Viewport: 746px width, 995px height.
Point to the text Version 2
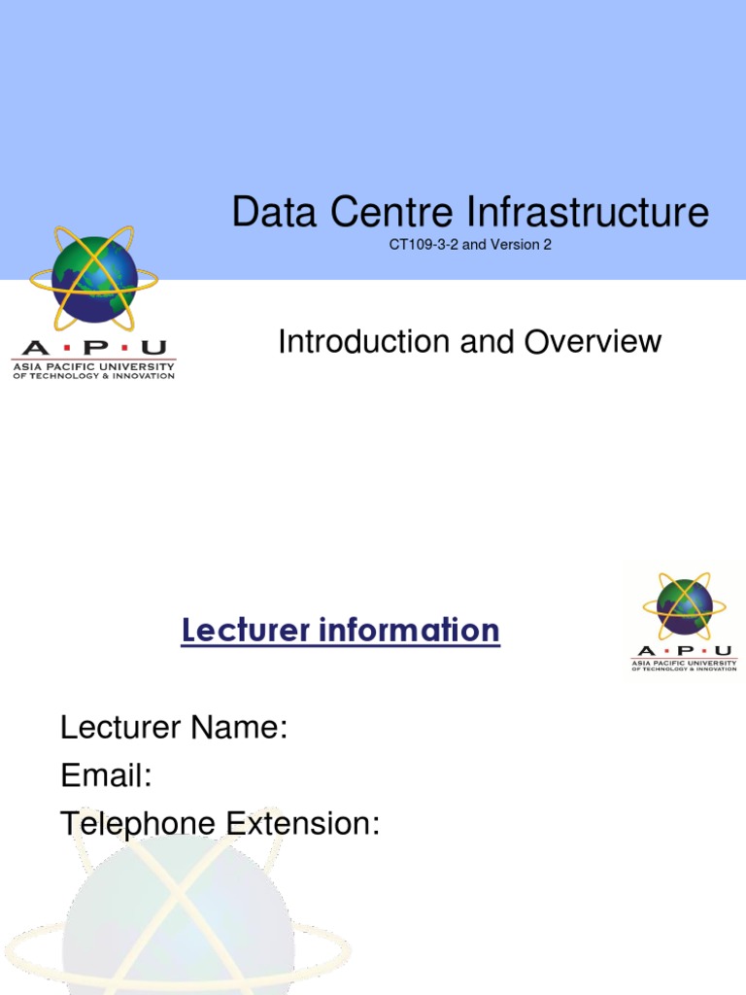pos(524,245)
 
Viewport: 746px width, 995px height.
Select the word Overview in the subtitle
pos(593,342)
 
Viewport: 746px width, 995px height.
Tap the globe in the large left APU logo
pos(94,280)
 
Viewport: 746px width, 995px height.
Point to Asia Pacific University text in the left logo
pos(93,367)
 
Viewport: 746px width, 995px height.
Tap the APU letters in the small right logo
pos(684,651)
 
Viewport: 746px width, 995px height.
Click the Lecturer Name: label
pos(174,727)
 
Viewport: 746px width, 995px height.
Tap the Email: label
pos(106,775)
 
